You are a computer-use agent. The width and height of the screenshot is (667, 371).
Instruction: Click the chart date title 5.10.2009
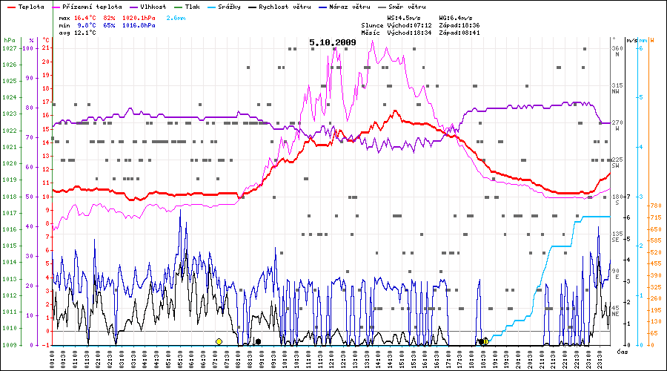tap(333, 42)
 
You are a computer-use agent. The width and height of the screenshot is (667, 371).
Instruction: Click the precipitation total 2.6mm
tap(176, 17)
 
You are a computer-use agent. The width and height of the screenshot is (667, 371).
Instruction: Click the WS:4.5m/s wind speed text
tap(405, 17)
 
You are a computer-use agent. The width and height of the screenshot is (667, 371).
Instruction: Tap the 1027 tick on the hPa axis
tap(9, 48)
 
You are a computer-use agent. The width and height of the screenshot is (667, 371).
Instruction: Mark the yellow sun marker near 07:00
tap(219, 341)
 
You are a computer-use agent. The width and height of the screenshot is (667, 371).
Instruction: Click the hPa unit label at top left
tap(9, 39)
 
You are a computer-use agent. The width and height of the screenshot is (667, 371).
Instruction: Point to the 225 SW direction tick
tap(616, 162)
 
